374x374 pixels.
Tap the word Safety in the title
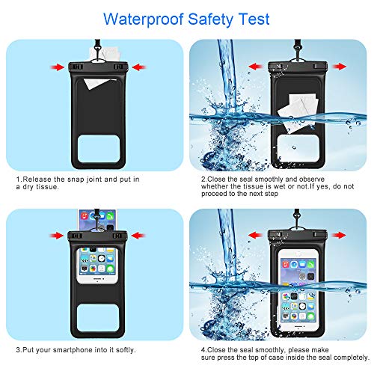coord(203,17)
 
